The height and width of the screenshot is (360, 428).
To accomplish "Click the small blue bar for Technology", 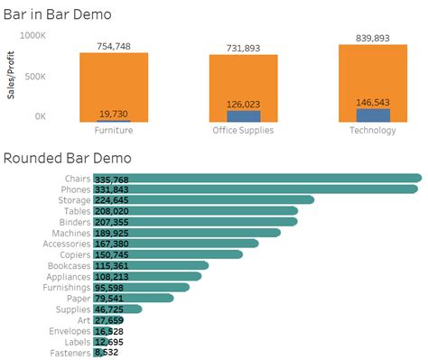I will [x=374, y=115].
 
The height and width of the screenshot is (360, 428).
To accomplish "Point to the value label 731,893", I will [x=244, y=47].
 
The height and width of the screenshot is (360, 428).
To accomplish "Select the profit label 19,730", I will [x=114, y=112].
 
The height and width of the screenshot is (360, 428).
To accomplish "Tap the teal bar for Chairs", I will [x=271, y=179].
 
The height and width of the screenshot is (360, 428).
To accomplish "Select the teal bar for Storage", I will [x=226, y=200].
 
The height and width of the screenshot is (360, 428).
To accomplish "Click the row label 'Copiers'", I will [x=76, y=254].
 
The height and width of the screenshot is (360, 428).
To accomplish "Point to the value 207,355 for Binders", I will [x=113, y=222].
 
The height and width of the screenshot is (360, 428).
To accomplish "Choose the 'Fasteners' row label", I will [x=70, y=353].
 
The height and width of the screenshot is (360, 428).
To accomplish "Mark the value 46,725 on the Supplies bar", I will [x=109, y=309].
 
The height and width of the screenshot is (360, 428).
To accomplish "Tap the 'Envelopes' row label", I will [x=70, y=331].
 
